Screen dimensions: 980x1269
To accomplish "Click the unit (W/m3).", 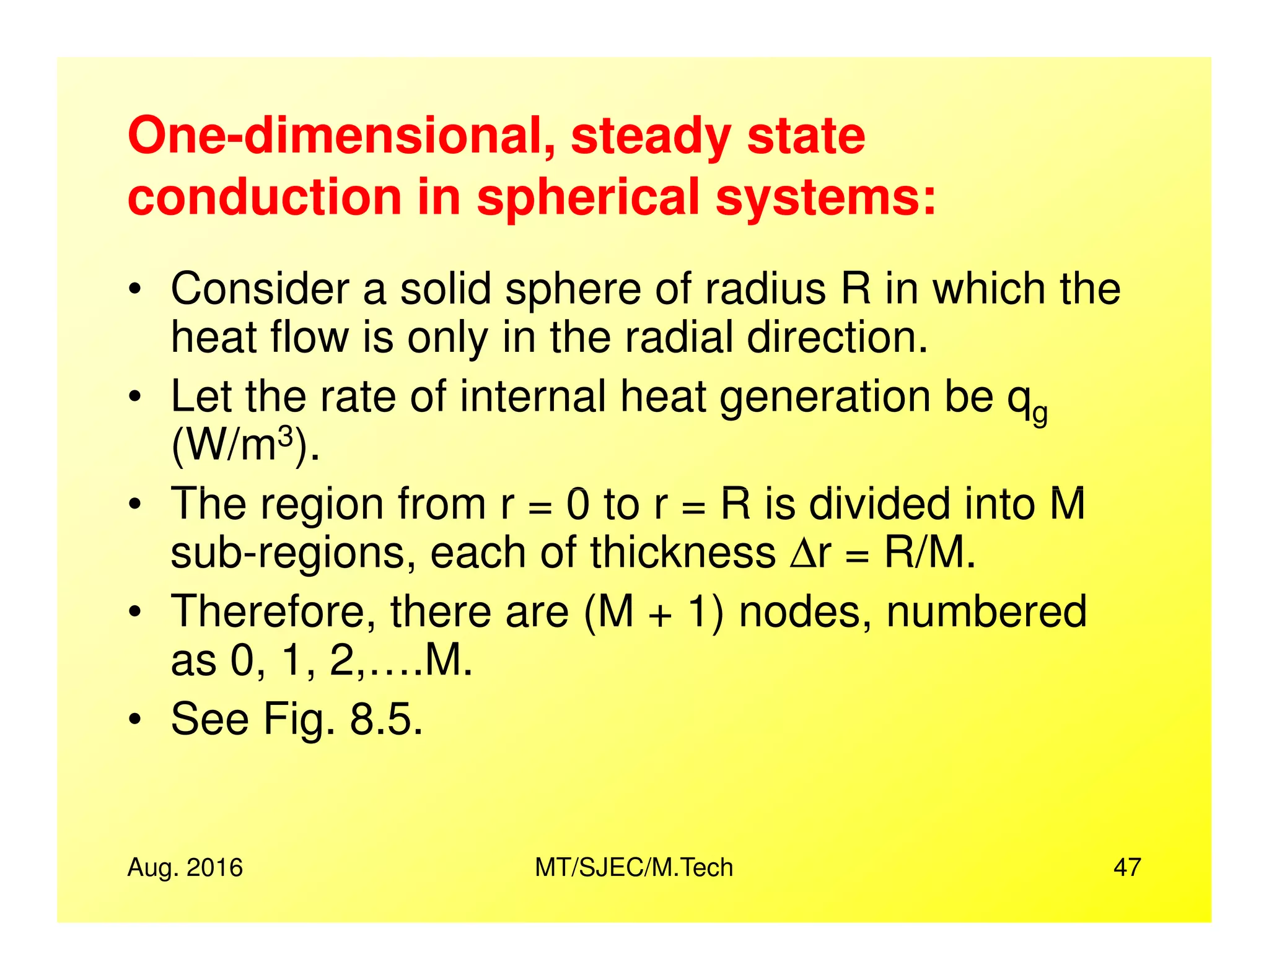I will tap(245, 446).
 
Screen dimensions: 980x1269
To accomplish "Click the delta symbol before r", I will tap(804, 553).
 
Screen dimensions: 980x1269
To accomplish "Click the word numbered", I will tap(986, 612).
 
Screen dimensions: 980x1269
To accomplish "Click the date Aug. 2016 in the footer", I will tap(185, 867).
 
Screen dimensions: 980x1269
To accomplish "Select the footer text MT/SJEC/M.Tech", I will tap(633, 867).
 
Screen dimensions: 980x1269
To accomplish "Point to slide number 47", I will tap(1126, 867).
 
